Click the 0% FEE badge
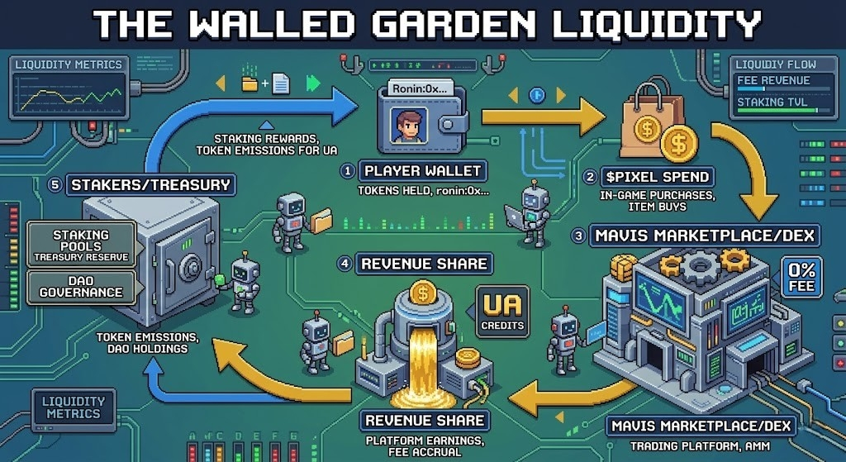click(801, 277)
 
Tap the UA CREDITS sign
click(502, 312)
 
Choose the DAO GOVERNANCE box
click(80, 286)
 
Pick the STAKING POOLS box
click(80, 245)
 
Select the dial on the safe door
click(192, 268)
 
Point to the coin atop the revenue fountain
click(422, 293)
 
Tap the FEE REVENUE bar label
click(772, 81)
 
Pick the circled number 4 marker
click(346, 264)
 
